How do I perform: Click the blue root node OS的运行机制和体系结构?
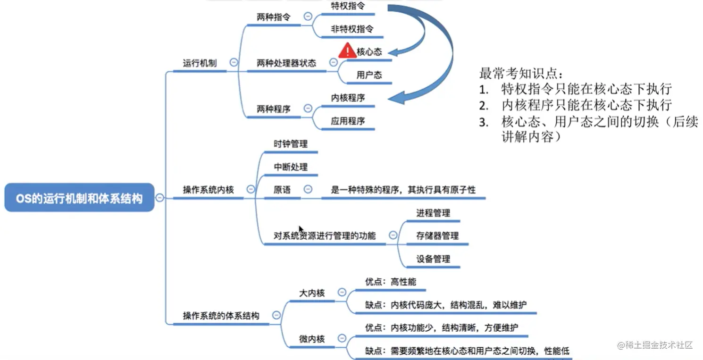tap(79, 198)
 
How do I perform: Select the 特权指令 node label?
tap(347, 6)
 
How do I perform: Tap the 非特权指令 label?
tap(352, 29)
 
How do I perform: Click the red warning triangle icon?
tap(347, 50)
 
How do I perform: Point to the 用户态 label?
tap(369, 75)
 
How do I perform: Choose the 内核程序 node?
tap(348, 98)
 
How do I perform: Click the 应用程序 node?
tap(348, 121)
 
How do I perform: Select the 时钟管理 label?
tap(291, 144)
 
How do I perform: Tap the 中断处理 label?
tap(291, 167)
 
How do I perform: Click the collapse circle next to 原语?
tap(308, 189)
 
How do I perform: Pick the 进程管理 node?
tap(433, 213)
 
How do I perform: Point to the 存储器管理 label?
tap(437, 235)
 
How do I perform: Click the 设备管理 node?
tap(433, 259)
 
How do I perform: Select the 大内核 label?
tap(312, 293)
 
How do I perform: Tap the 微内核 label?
tap(312, 339)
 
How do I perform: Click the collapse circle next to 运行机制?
tap(233, 62)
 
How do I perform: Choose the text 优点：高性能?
tap(391, 282)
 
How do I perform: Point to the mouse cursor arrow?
tap(301, 229)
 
